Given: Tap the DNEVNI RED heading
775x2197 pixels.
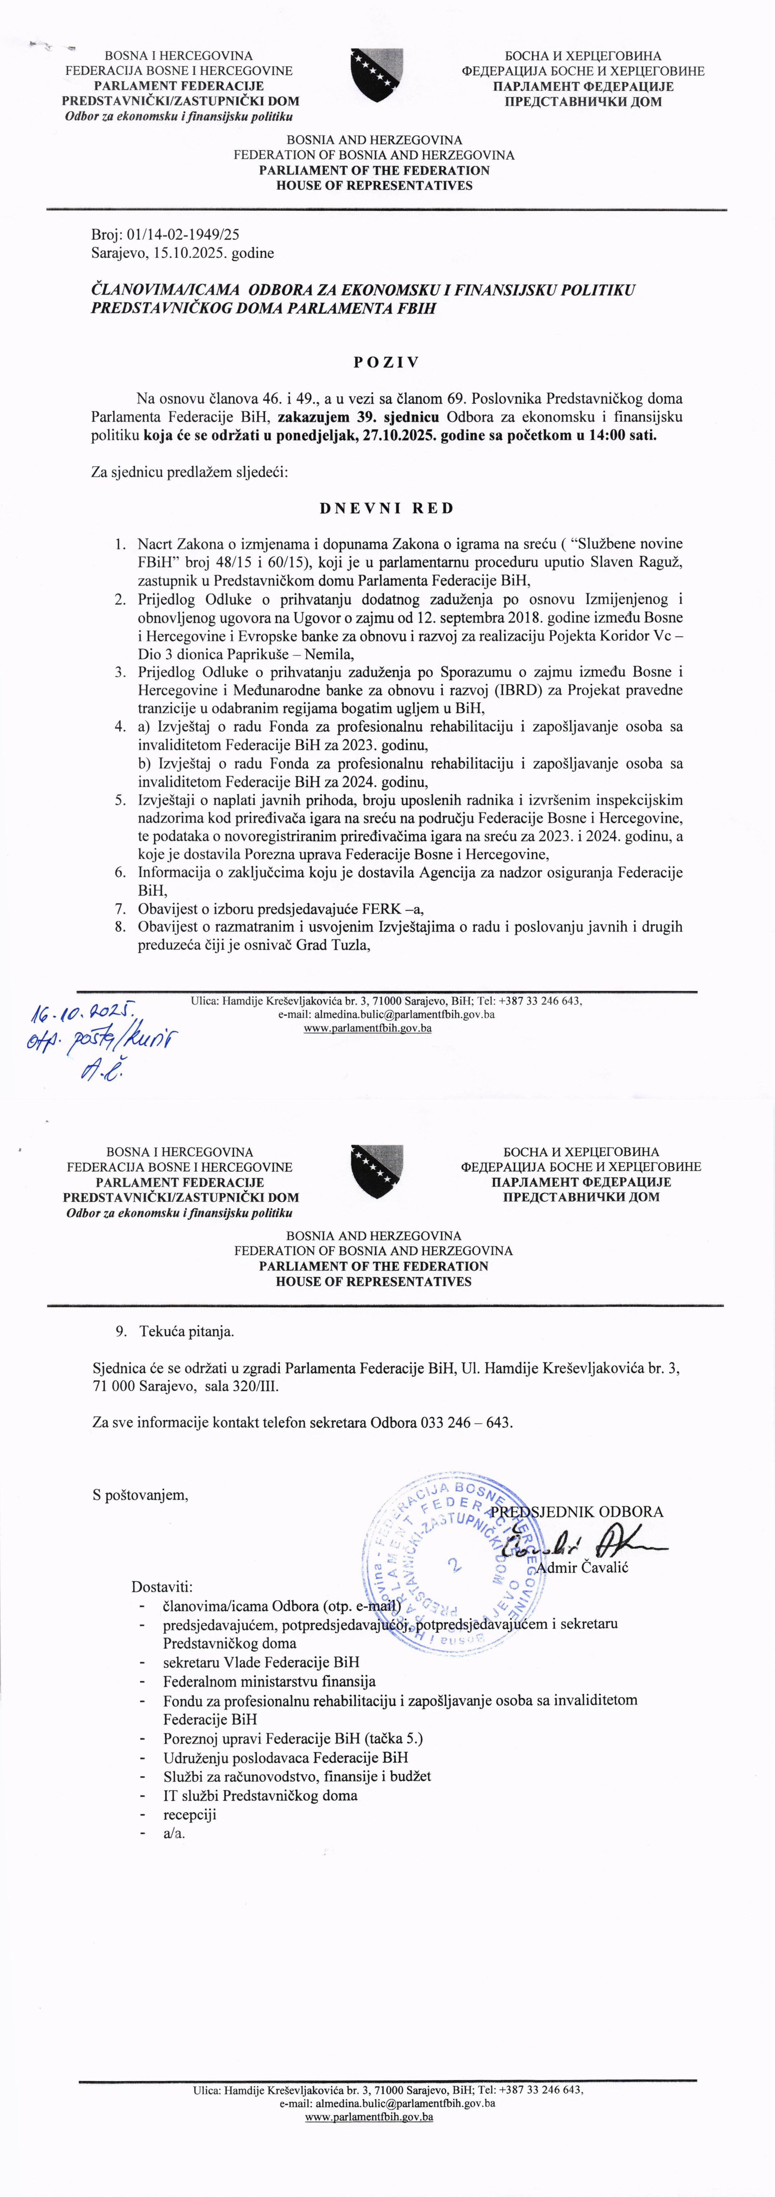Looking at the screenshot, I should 386,508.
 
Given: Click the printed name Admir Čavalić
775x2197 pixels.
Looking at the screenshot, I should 582,1567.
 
